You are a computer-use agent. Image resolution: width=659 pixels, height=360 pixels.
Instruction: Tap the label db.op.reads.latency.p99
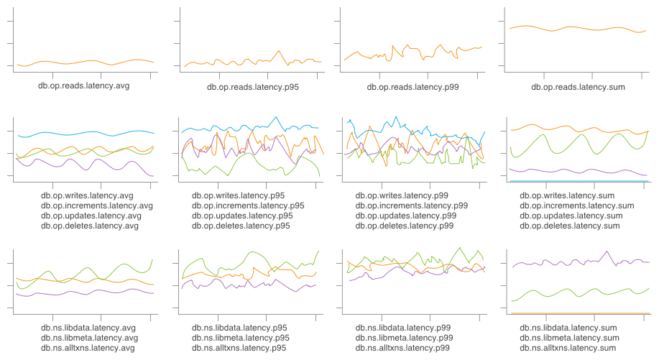(x=413, y=87)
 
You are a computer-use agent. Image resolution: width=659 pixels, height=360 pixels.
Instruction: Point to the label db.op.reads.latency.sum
(x=578, y=87)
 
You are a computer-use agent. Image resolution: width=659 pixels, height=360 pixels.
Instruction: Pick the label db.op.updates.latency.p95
(x=242, y=216)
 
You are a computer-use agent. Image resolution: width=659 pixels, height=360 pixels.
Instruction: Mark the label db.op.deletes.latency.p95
(x=241, y=226)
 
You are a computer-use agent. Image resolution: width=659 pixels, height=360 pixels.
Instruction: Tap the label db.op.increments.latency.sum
(x=577, y=206)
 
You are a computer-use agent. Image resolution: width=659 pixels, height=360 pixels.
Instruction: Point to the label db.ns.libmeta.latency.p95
(x=241, y=338)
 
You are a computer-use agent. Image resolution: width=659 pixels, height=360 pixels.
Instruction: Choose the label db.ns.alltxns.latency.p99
(x=404, y=348)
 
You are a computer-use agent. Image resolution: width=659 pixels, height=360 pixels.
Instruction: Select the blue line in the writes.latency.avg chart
(x=86, y=133)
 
